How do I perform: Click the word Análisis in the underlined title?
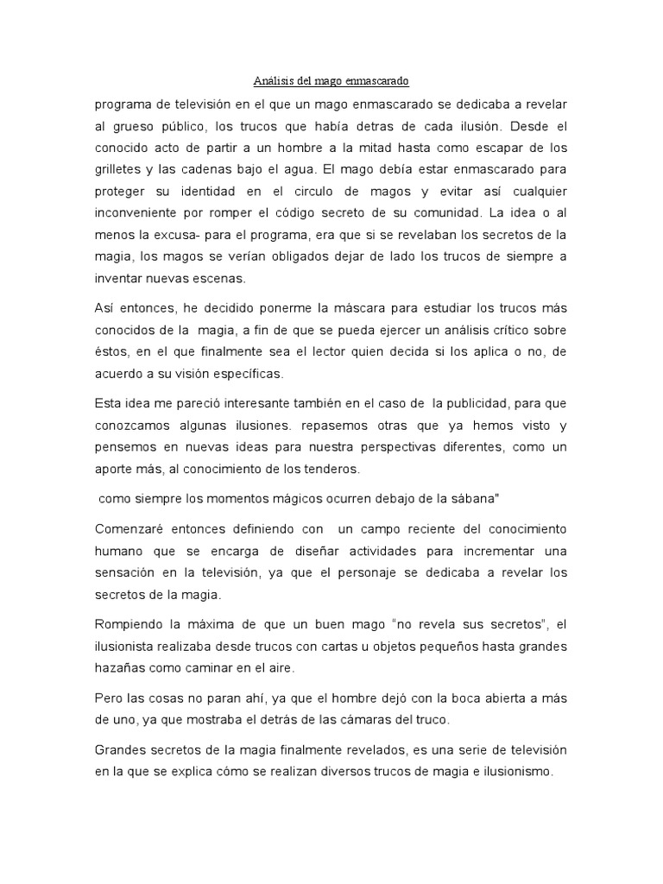pos(273,82)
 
